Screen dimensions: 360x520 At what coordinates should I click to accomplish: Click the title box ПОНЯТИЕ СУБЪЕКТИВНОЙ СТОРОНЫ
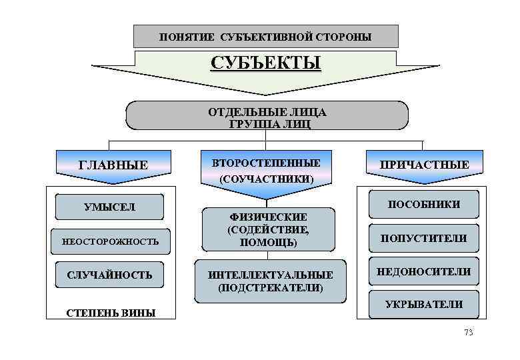(265, 36)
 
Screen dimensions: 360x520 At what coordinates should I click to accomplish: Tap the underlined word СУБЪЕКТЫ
(266, 63)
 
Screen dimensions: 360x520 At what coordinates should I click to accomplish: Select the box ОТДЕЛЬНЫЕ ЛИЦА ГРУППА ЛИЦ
(267, 115)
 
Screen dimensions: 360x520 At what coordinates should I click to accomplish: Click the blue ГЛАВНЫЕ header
(113, 164)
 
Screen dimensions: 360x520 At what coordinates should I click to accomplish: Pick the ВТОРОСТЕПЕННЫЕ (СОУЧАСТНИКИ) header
(266, 171)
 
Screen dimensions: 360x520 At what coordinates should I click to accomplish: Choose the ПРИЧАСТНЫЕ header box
(424, 164)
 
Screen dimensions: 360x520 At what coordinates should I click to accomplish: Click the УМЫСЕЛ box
(109, 207)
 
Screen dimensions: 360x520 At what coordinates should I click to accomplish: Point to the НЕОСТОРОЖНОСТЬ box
(111, 241)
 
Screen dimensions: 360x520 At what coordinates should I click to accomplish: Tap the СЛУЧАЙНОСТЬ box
(109, 275)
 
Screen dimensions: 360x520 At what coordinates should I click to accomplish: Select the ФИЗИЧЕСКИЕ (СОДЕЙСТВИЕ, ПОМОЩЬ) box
(268, 230)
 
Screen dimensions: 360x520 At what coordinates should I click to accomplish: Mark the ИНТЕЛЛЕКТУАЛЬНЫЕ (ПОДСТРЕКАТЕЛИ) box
(270, 281)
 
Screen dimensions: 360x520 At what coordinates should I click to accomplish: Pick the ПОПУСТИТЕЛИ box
(423, 238)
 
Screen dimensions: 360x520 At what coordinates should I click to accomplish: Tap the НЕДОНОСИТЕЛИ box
(423, 271)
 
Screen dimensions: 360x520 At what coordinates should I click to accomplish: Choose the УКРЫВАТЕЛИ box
(423, 305)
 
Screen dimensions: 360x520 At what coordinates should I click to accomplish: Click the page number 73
(467, 332)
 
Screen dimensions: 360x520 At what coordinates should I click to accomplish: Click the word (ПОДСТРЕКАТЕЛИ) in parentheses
(270, 288)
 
